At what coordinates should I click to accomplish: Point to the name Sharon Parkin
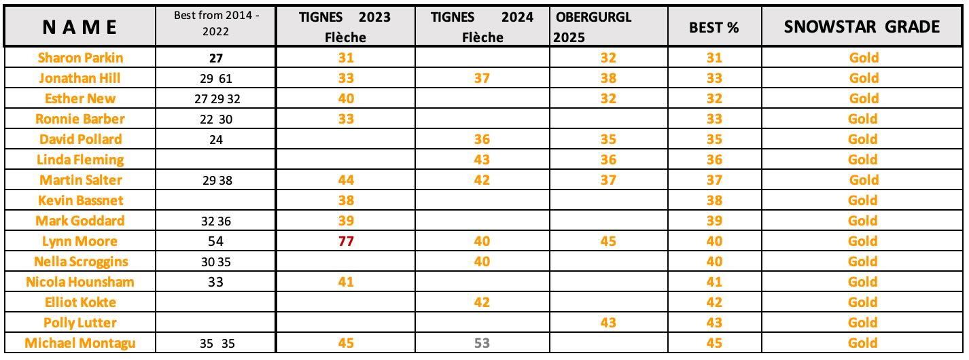[x=79, y=58]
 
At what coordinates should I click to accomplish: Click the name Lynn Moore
[x=79, y=241]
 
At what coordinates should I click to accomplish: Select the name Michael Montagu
[x=79, y=343]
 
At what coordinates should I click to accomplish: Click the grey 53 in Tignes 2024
[x=482, y=343]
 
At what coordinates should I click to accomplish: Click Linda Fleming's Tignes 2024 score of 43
[x=482, y=160]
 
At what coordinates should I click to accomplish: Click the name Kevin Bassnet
[x=79, y=201]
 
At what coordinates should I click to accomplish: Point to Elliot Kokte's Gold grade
[x=864, y=302]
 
